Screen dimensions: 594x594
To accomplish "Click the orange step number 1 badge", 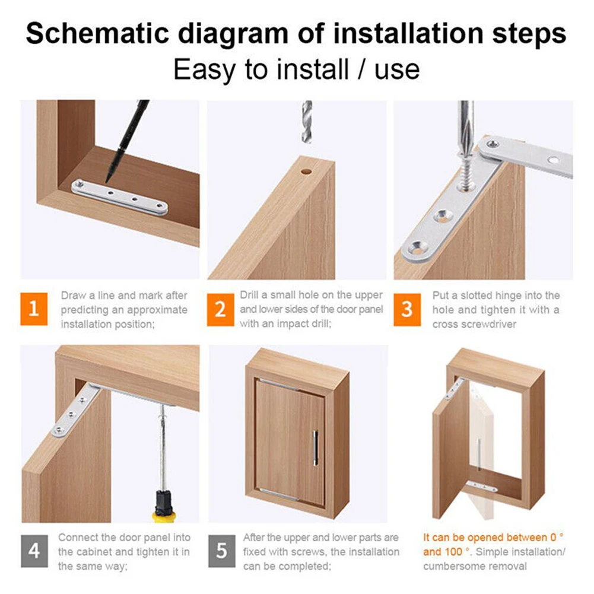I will (x=34, y=309).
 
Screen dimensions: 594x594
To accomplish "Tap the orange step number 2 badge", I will (x=220, y=309).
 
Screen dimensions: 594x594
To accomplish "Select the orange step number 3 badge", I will (x=407, y=309).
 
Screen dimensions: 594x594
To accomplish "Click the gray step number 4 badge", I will (x=34, y=551).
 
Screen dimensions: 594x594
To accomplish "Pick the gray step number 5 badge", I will (x=221, y=551).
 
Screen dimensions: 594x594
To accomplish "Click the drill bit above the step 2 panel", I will (x=306, y=122).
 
